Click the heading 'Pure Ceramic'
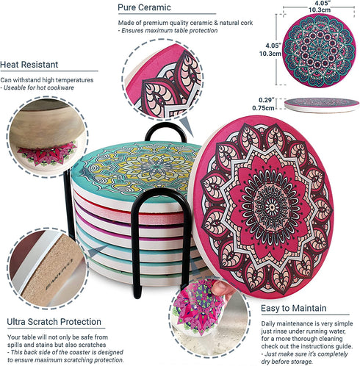pos(144,7)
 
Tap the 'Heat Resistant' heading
pos(29,65)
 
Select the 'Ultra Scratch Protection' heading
pos(54,322)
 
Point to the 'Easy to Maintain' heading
pos(293,308)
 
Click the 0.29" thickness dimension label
pos(267,100)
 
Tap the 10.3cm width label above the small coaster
pos(320,10)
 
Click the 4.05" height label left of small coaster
pos(273,46)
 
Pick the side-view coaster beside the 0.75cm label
pos(322,105)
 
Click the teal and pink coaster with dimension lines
pos(319,50)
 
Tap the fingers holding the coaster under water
pos(222,289)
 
